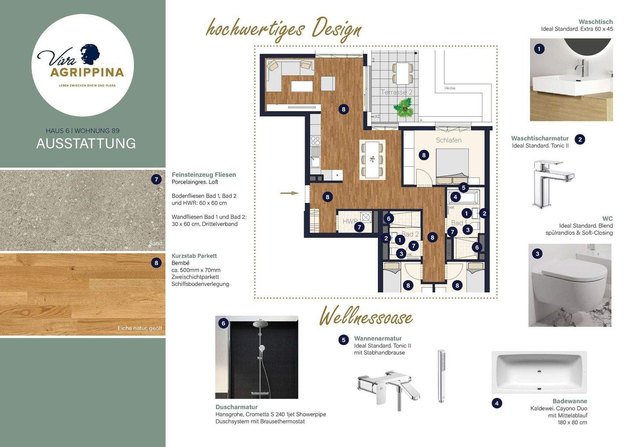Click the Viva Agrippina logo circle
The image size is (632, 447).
point(83,65)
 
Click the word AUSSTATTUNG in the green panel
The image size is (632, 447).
point(86,144)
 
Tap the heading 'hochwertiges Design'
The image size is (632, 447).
point(284,29)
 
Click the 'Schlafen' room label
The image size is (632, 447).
point(449,140)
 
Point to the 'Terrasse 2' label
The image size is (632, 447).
point(396,92)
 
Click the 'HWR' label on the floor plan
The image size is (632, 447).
point(350,221)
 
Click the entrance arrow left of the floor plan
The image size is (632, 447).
point(289,193)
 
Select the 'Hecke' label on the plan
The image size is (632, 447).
point(450,88)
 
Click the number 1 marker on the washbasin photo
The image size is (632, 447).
point(539,49)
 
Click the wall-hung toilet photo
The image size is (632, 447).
point(570,285)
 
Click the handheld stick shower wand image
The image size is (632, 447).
point(442,376)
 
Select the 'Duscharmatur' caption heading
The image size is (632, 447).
point(237,407)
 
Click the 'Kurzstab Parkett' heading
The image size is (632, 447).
point(194,256)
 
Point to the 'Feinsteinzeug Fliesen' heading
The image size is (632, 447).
point(204,174)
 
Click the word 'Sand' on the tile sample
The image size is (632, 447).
point(155,243)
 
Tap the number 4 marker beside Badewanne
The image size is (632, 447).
point(497,403)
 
